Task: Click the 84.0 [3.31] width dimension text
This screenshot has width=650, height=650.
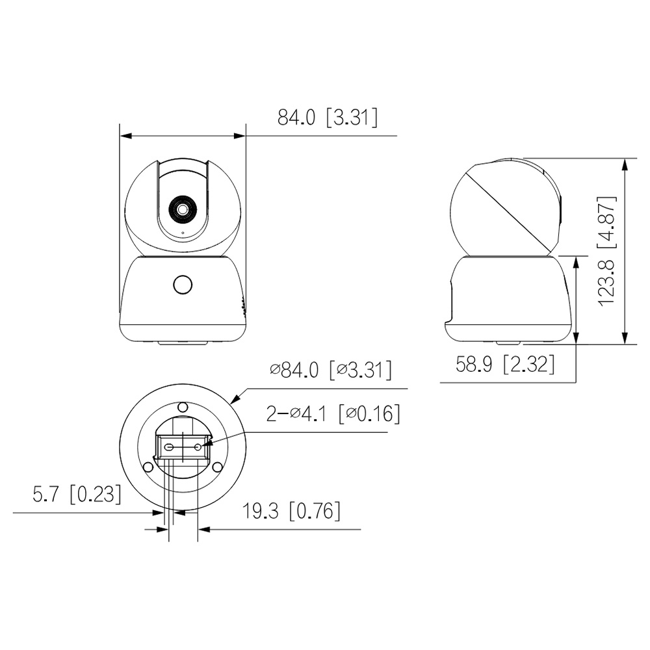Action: click(x=328, y=117)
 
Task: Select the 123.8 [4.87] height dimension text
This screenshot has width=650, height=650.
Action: click(x=607, y=251)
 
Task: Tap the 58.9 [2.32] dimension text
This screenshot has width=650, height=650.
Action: click(x=505, y=365)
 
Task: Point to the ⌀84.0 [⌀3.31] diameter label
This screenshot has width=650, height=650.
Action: click(x=331, y=370)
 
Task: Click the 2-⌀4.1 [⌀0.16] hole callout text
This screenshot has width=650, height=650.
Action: click(x=333, y=413)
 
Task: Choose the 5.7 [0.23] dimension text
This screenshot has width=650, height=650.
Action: click(x=77, y=494)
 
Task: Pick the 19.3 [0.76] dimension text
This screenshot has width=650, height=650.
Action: click(x=291, y=511)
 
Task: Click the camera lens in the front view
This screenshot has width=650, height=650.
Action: click(x=182, y=209)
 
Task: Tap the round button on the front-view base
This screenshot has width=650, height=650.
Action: click(x=183, y=285)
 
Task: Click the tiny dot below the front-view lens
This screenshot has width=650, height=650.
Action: click(x=183, y=233)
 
